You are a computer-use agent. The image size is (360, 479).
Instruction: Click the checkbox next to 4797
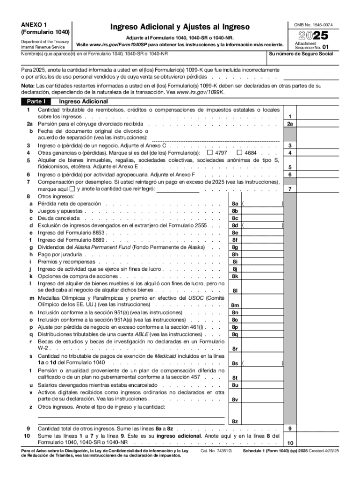coord(209,153)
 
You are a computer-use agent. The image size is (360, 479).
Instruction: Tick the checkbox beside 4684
coord(240,153)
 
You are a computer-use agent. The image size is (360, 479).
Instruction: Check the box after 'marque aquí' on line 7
coord(72,189)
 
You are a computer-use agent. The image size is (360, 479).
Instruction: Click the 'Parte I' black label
coord(36,101)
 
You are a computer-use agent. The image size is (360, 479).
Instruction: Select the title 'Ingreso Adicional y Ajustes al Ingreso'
coord(180,27)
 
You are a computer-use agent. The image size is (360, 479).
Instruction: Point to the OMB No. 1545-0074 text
coord(313,24)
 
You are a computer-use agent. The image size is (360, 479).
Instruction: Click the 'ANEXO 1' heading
coord(31,24)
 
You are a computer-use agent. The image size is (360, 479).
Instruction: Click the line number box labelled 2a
coord(290,124)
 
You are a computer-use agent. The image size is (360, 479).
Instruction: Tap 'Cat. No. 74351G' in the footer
coord(216,451)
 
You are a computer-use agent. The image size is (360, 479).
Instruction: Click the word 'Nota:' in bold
coord(28,86)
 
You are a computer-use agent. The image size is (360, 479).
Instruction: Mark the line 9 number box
coord(290,428)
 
